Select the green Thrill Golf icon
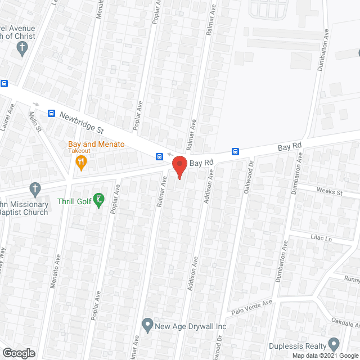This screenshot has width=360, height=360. [99, 200]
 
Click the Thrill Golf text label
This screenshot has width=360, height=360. [73, 201]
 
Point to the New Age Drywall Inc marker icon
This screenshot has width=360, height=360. [147, 324]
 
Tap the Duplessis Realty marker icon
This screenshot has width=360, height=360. [334, 343]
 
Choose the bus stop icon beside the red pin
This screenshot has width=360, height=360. [160, 156]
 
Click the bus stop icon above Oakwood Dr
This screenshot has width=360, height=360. [236, 151]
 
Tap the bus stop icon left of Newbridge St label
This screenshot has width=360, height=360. [51, 113]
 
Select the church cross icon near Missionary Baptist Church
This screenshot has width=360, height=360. [35, 188]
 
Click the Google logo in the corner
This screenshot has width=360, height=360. [18, 353]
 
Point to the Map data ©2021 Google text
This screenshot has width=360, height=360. [325, 355]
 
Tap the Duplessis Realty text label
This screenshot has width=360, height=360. [304, 346]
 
